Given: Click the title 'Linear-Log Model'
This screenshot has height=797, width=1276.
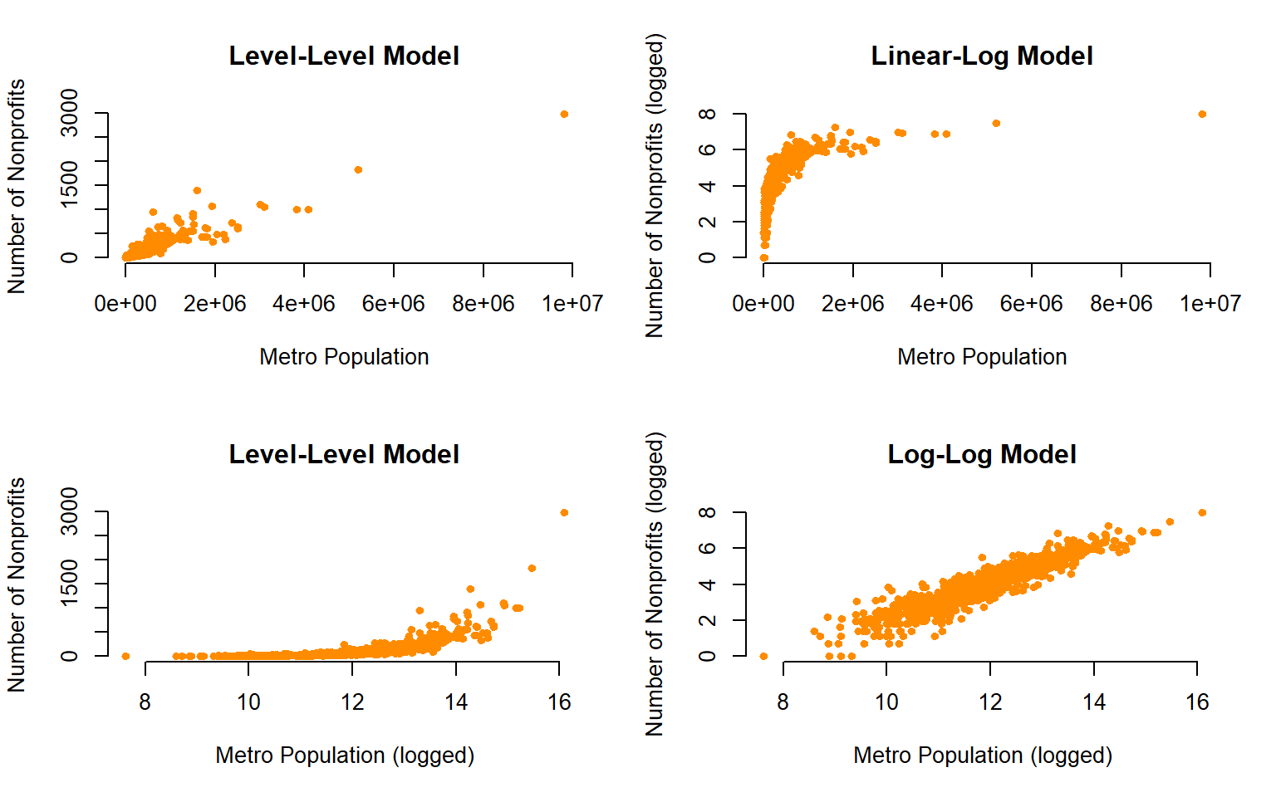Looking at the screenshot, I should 981,56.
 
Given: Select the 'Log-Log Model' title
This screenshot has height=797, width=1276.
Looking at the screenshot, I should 981,455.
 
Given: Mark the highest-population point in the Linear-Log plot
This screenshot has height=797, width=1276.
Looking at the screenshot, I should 1202,115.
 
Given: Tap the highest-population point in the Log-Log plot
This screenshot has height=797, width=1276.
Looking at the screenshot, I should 1202,513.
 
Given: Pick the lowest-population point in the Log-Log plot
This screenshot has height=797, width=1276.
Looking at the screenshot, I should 764,657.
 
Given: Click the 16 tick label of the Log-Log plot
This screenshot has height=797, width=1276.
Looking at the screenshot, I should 1197,702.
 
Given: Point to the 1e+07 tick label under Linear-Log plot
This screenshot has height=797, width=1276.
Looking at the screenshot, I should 1210,304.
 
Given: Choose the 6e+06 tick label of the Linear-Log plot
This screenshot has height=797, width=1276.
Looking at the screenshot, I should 1031,304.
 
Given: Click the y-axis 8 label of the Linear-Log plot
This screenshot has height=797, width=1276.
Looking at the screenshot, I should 707,114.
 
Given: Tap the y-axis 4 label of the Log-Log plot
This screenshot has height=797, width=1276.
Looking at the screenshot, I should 707,584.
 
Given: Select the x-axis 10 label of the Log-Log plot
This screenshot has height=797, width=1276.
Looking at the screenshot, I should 886,702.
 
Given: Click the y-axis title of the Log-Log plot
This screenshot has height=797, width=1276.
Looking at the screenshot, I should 655,584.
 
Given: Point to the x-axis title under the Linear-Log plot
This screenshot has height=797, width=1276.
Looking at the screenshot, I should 981,357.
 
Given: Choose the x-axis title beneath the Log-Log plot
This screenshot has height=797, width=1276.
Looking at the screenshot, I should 982,755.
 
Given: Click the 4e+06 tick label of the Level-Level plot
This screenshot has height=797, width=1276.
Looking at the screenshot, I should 303,304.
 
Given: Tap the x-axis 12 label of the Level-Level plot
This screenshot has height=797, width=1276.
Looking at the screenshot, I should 352,702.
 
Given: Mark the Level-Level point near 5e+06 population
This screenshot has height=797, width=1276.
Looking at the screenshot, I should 358,170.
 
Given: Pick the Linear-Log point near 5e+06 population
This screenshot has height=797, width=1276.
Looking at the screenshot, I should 996,124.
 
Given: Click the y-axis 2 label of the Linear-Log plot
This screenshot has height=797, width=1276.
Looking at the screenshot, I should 707,222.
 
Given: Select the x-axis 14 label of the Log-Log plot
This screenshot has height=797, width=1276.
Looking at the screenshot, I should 1094,702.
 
